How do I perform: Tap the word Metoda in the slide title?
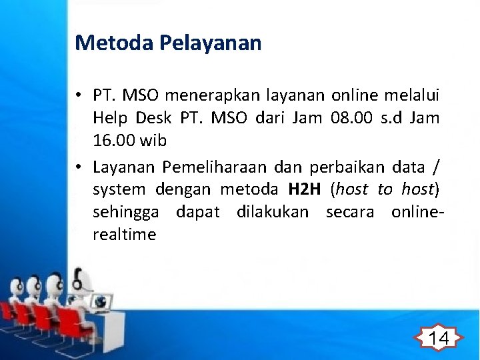tap(114, 43)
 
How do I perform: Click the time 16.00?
tap(111, 141)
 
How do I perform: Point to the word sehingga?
tap(126, 212)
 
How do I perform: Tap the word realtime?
tap(125, 235)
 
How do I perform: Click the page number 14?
tap(437, 338)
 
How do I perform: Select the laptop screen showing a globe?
tap(101, 302)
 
